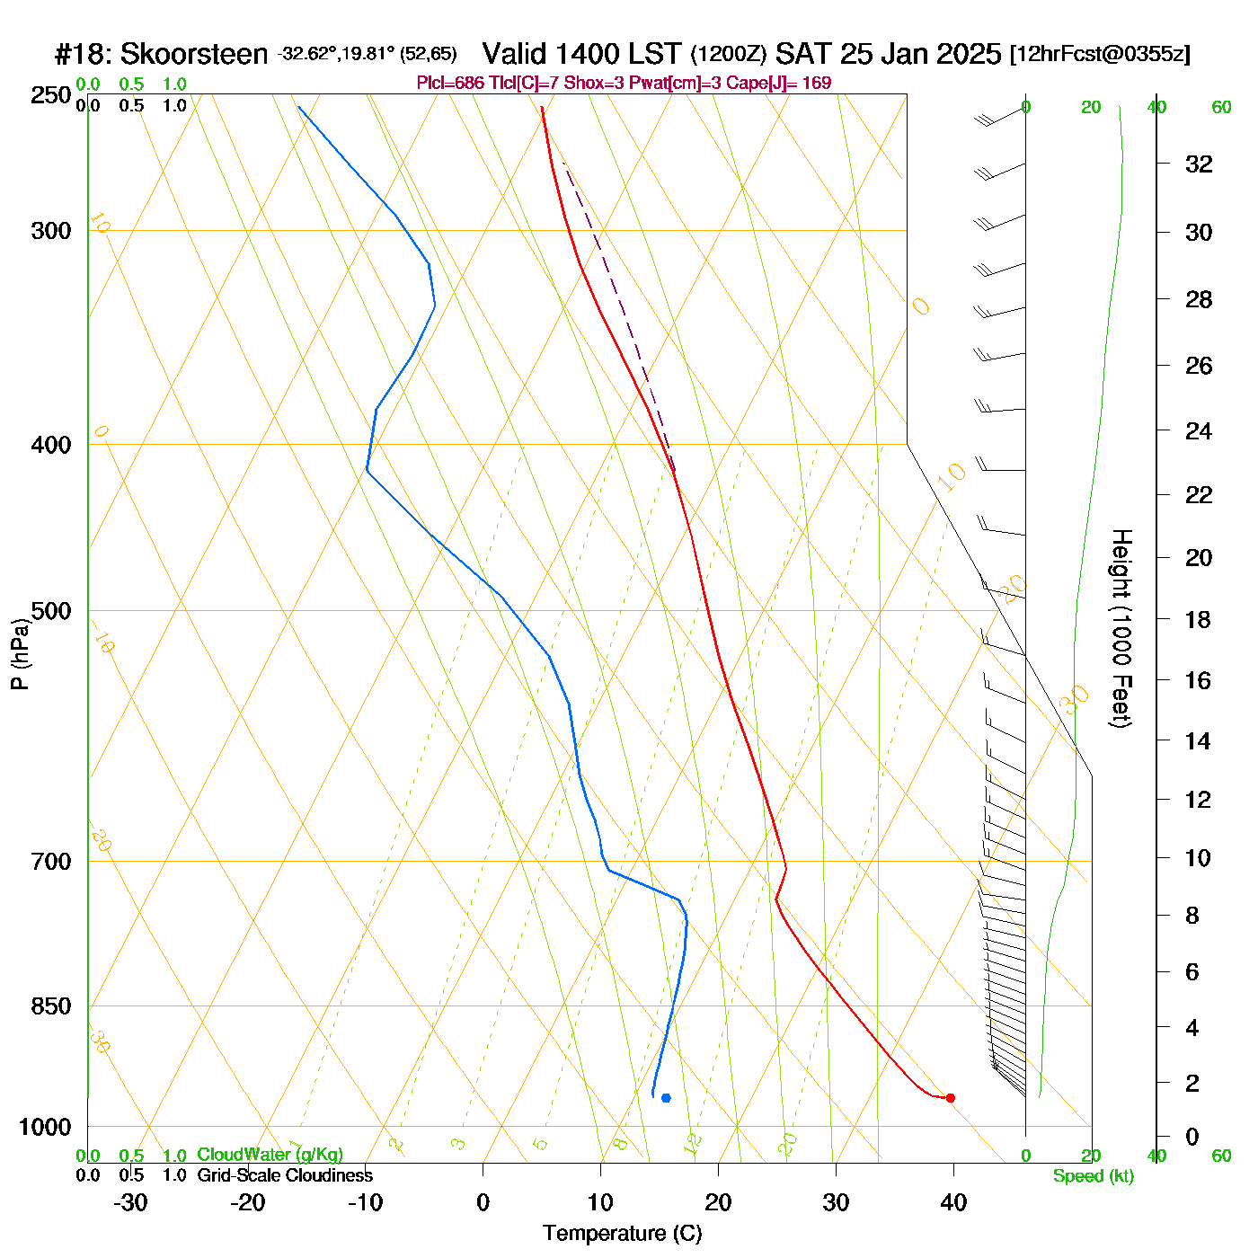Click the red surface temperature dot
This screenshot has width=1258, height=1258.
pyautogui.click(x=950, y=1097)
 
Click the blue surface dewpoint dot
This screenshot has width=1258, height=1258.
pyautogui.click(x=666, y=1097)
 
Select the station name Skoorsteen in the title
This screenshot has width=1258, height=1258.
pyautogui.click(x=194, y=54)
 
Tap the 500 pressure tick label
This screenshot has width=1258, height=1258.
pyautogui.click(x=51, y=611)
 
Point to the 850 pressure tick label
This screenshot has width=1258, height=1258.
pyautogui.click(x=51, y=1006)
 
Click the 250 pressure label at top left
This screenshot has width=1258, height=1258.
pyautogui.click(x=51, y=95)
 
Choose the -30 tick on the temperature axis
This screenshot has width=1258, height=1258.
pyautogui.click(x=130, y=1202)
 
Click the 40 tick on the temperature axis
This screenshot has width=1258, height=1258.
pyautogui.click(x=953, y=1202)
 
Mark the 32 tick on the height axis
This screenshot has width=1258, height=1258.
pyautogui.click(x=1199, y=164)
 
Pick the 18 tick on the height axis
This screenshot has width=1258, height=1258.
pyautogui.click(x=1199, y=619)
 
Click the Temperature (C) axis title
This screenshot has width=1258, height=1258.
pyautogui.click(x=622, y=1234)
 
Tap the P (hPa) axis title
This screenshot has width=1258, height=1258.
pyautogui.click(x=20, y=654)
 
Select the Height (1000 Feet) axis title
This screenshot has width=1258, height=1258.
pyautogui.click(x=1121, y=628)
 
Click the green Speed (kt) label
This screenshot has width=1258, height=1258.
pyautogui.click(x=1094, y=1176)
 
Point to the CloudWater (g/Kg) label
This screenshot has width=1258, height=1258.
pyautogui.click(x=270, y=1155)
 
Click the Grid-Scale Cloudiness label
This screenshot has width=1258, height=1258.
pyautogui.click(x=285, y=1175)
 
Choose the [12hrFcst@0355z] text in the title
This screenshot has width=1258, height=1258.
pyautogui.click(x=1100, y=54)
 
